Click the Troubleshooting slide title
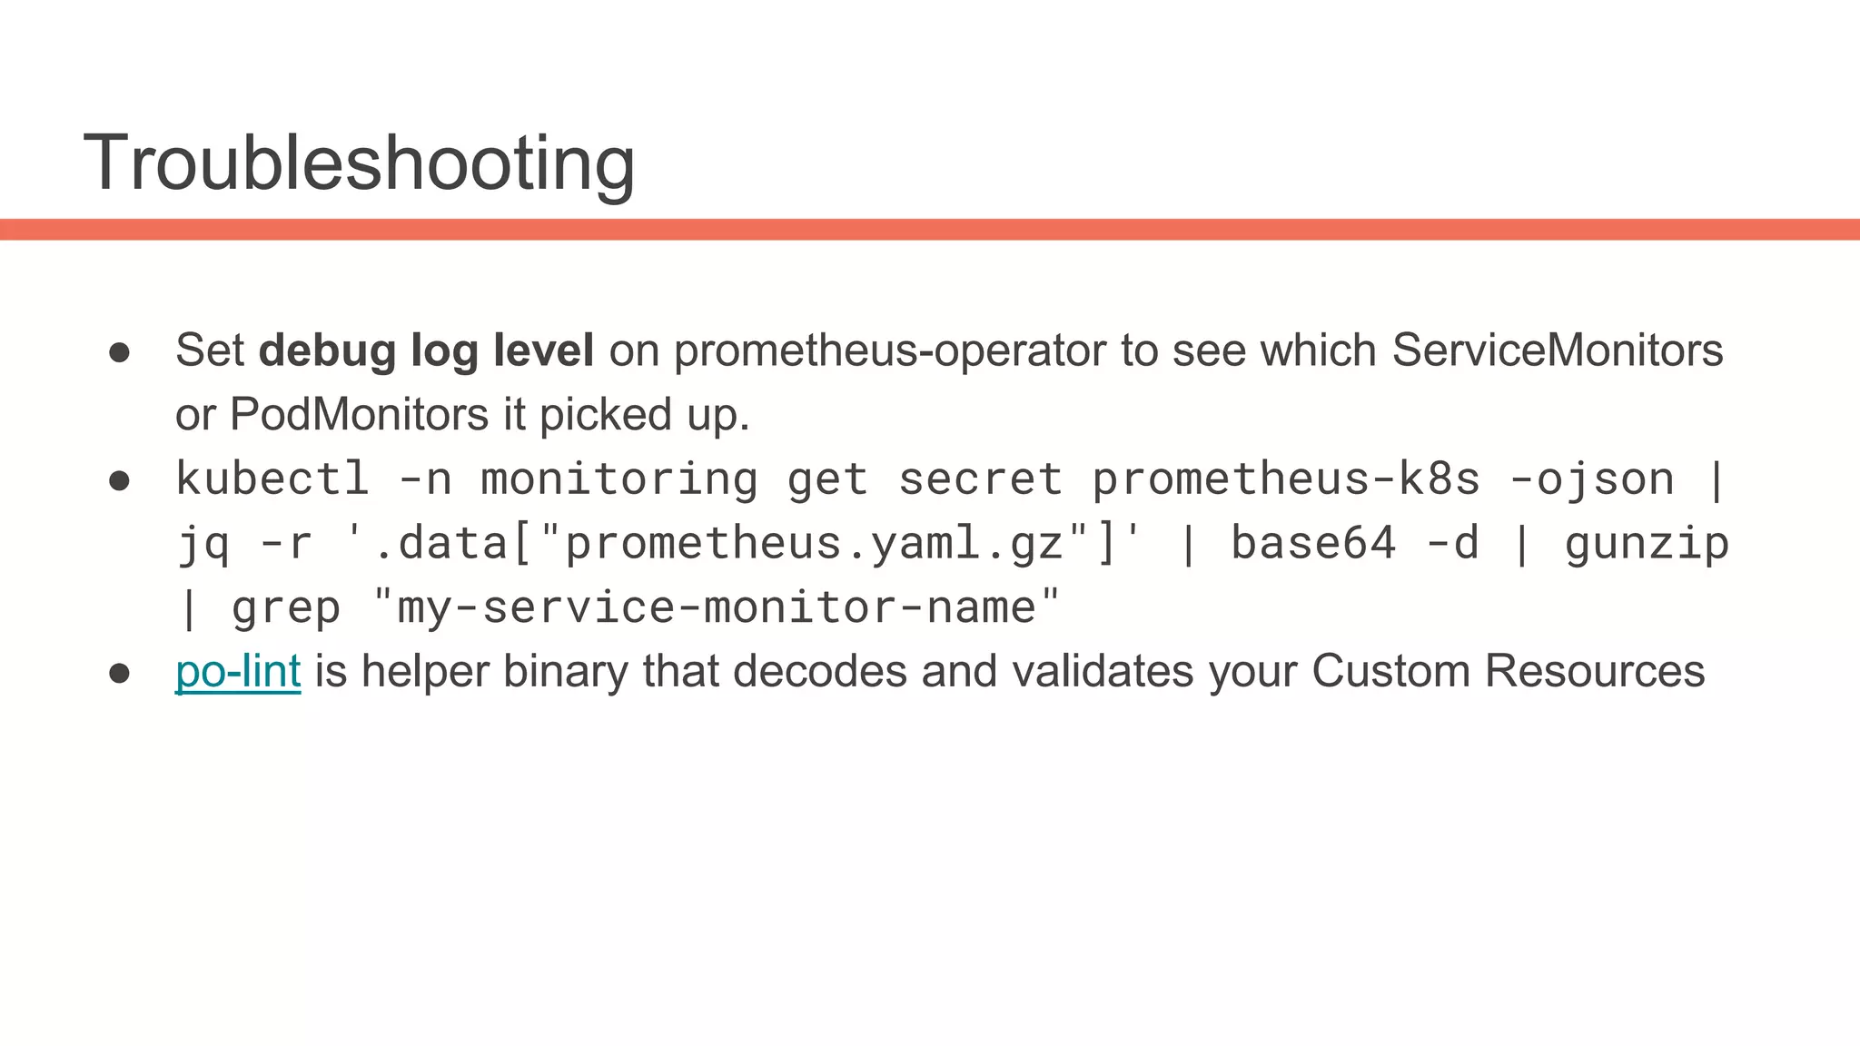[359, 163]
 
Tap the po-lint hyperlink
[238, 672]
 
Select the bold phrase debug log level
[426, 350]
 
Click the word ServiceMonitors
[1557, 350]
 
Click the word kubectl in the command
[272, 479]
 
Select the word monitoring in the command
[618, 479]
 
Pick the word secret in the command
[980, 479]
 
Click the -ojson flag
[1591, 479]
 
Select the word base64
[1312, 544]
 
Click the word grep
[286, 608]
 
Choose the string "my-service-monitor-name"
[716, 607]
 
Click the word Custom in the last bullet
[1390, 672]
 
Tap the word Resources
[1594, 672]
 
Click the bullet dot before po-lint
[119, 673]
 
